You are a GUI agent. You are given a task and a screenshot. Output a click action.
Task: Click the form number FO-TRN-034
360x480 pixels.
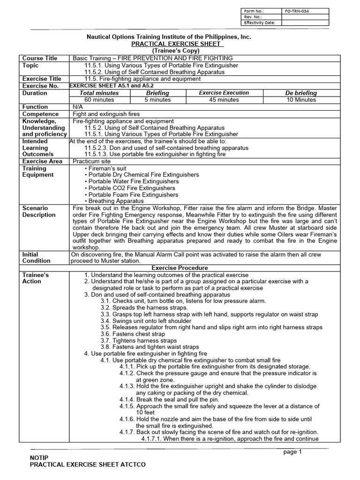click(x=298, y=10)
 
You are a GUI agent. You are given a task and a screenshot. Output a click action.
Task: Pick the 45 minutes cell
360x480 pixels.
click(x=224, y=100)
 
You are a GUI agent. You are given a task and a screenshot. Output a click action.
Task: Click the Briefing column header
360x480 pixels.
click(x=157, y=93)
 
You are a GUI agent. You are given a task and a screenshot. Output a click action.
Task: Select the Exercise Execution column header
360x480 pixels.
click(x=224, y=93)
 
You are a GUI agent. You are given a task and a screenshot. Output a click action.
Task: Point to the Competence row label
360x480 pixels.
click(x=41, y=114)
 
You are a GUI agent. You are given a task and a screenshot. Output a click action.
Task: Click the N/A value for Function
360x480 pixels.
click(x=78, y=107)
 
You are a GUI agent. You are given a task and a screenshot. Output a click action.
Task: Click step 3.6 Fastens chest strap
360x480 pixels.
click(x=133, y=334)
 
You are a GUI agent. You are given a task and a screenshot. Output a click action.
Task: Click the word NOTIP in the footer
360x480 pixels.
click(x=38, y=457)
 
